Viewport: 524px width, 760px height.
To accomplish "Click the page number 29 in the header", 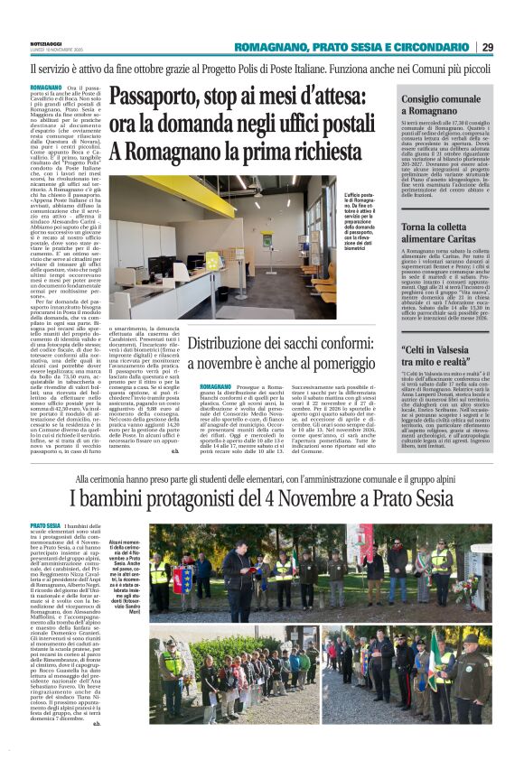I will point(487,47).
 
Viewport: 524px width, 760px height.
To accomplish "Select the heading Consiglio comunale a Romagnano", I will point(433,102).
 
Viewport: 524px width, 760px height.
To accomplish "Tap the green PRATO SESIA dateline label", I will point(46,525).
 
